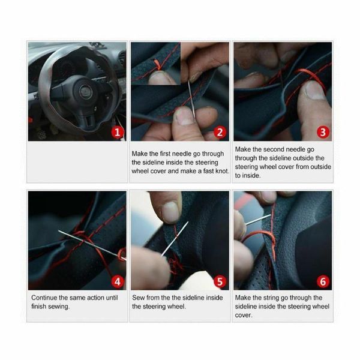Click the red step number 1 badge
pyautogui.click(x=118, y=132)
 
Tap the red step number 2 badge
pyautogui.click(x=220, y=132)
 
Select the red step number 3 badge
pyautogui.click(x=323, y=132)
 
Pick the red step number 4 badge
pyautogui.click(x=118, y=281)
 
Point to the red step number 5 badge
pyautogui.click(x=220, y=281)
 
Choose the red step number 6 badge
pyautogui.click(x=323, y=281)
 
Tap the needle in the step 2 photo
pyautogui.click(x=191, y=100)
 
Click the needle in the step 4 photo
pyautogui.click(x=92, y=245)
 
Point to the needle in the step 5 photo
pyautogui.click(x=175, y=239)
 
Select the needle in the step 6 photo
pyautogui.click(x=258, y=220)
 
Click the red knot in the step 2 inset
pyautogui.click(x=158, y=65)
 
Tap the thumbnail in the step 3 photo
pyautogui.click(x=316, y=90)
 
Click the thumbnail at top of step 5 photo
pyautogui.click(x=170, y=212)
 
